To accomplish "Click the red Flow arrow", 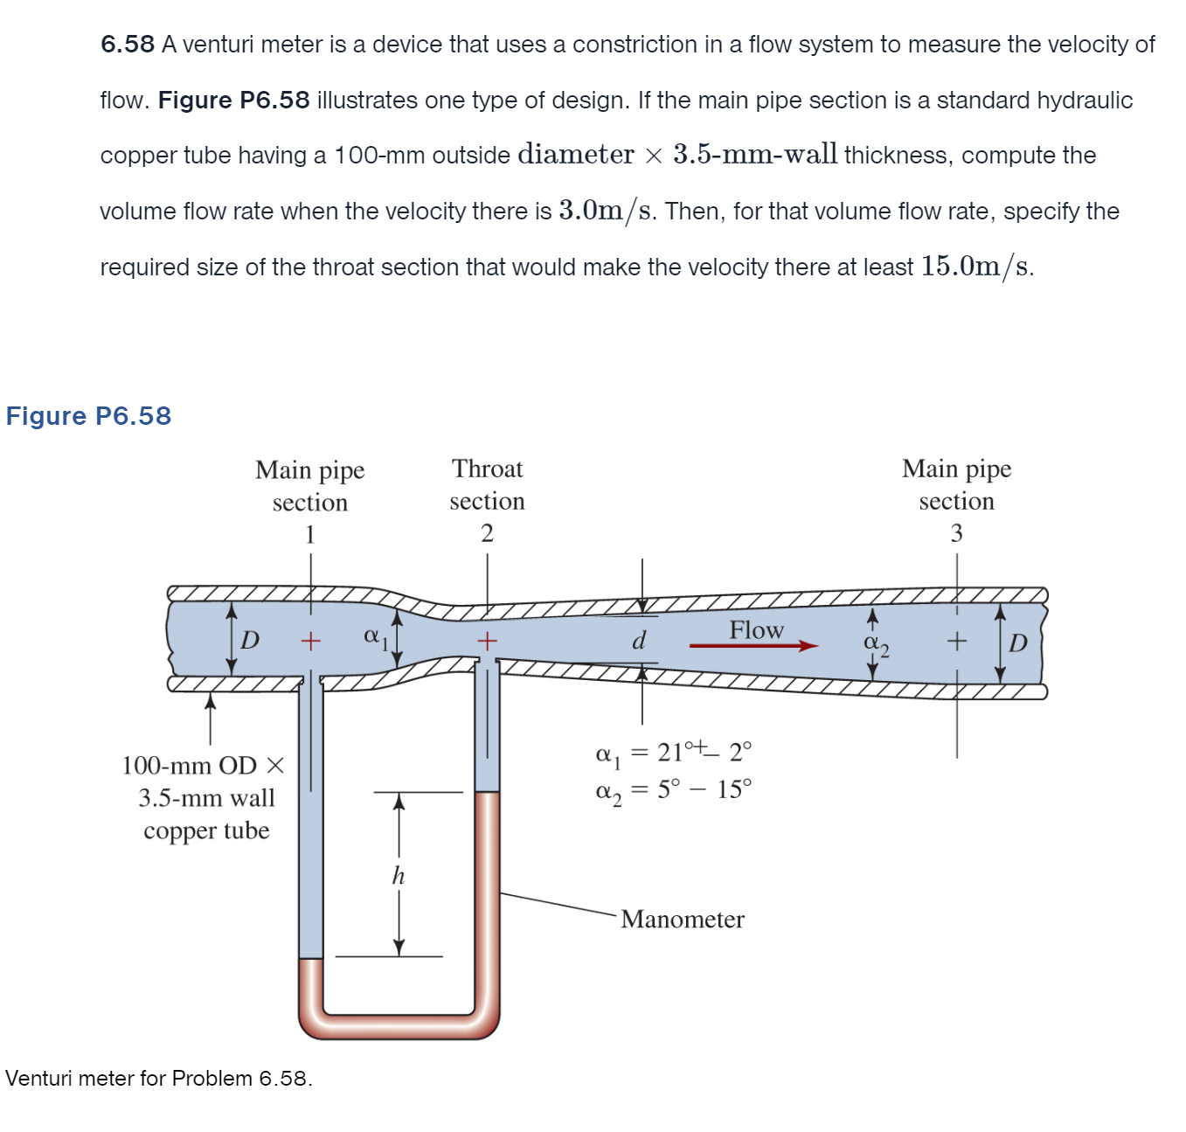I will pos(753,646).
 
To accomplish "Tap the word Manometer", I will pos(683,920).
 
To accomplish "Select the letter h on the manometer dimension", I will pos(399,875).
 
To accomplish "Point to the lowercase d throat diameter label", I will pos(639,641).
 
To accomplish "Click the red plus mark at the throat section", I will pos(487,641).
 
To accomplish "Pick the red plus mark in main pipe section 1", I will pos(310,642).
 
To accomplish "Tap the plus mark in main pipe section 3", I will pos(957,642).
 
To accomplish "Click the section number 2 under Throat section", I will pos(487,533).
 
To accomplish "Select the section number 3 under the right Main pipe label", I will pos(956,533).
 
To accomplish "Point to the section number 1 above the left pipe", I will pos(310,534).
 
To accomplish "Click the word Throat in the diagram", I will pos(487,469).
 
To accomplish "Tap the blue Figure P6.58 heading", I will pos(88,416).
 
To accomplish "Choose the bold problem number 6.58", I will pos(128,45).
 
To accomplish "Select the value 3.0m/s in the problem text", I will pos(606,211).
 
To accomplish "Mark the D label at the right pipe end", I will pos(1017,644).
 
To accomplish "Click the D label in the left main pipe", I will pos(250,641).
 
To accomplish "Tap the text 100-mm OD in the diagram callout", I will pos(189,766).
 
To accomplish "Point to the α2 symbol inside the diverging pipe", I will pos(876,643).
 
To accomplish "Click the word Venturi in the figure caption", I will pos(38,1078).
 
